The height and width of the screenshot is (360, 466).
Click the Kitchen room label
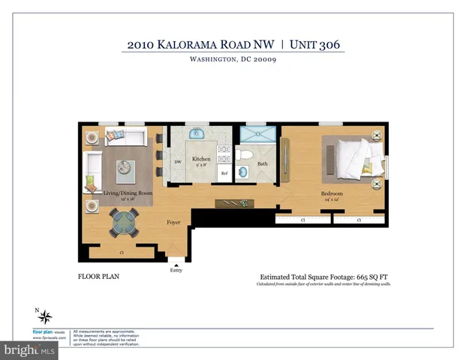click(201, 159)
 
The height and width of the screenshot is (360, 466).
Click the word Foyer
click(173, 222)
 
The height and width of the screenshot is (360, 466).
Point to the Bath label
click(262, 163)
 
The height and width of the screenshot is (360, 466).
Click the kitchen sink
click(197, 134)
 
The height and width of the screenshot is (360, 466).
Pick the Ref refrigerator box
click(223, 173)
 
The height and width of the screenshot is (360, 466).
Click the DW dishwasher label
click(178, 162)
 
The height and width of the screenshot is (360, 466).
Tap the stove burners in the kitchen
click(223, 153)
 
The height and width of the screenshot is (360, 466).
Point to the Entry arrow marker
click(176, 264)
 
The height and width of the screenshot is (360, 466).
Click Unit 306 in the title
click(315, 44)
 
